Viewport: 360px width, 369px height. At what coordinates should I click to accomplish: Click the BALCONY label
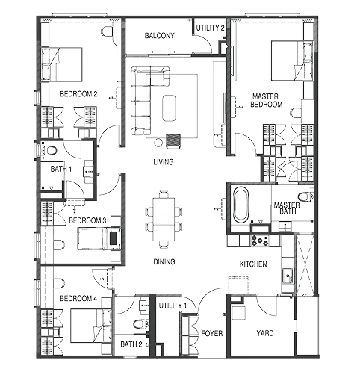pos(159,36)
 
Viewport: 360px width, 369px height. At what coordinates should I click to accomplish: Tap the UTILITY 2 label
pos(210,28)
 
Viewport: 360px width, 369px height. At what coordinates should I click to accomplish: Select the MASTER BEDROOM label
pos(266,100)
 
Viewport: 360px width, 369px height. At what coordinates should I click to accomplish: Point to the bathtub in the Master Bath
pos(240,205)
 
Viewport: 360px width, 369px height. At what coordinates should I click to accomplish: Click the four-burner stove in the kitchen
pos(260,241)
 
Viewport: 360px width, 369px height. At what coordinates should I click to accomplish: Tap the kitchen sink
pos(288,276)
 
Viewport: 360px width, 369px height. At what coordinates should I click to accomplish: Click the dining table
pos(164,219)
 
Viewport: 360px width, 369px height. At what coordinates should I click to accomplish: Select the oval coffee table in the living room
pos(169,108)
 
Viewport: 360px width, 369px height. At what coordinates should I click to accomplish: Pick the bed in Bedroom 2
pos(61,64)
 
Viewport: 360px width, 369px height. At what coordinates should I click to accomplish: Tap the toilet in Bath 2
pos(141,324)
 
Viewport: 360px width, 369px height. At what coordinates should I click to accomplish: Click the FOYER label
pos(212,333)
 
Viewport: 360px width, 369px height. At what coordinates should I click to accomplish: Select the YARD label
pos(265,333)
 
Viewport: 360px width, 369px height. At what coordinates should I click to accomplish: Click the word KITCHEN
pos(253,264)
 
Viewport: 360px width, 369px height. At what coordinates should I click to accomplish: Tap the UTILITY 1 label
pos(173,306)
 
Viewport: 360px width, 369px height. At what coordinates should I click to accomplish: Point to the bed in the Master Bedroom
pos(292,61)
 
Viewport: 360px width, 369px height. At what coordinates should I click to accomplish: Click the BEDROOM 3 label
pos(87,220)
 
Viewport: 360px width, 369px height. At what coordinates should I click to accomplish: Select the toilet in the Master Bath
pos(305,197)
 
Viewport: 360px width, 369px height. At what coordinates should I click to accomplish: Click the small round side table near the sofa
pos(158,143)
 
